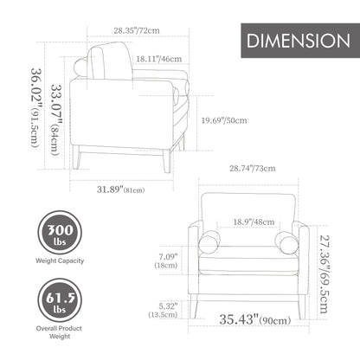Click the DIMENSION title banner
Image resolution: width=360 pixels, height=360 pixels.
pos(300,41)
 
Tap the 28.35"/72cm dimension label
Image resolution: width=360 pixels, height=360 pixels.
pos(137,30)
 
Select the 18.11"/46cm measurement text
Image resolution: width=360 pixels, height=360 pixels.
pos(159,59)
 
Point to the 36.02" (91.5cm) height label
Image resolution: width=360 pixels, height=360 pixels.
pos(36,108)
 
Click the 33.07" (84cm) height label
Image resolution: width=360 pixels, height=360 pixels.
pos(56,119)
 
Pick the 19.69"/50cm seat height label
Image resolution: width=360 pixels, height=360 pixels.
pos(224,120)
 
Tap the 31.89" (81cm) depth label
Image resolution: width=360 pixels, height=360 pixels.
pos(120,190)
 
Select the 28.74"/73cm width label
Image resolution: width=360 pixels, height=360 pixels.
pos(253,168)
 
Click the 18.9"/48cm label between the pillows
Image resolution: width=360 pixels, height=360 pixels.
pos(254,222)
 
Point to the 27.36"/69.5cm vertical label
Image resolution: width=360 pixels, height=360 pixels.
pos(324,274)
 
